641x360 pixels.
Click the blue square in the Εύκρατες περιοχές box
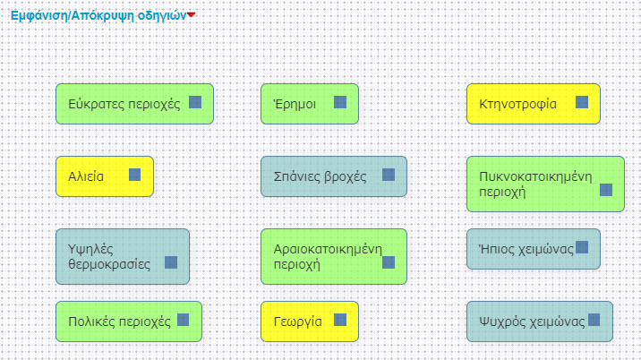[195, 103]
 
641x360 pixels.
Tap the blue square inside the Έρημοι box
[340, 103]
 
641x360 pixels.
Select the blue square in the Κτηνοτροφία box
[582, 103]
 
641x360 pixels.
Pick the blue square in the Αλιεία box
[135, 175]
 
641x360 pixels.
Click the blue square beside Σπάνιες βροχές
[389, 175]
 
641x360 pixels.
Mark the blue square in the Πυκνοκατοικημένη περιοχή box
[606, 190]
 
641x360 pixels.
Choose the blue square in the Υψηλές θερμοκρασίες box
[171, 262]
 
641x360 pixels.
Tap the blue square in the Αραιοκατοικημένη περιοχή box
[389, 262]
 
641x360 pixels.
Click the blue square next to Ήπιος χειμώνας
[582, 247]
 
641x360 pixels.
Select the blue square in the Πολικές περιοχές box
[184, 320]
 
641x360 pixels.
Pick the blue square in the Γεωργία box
[340, 320]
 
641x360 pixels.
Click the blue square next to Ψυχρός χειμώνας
[594, 320]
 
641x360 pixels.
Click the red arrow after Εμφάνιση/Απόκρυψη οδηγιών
[190, 15]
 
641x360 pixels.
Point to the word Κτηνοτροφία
[518, 104]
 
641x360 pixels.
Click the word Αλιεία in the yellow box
[86, 176]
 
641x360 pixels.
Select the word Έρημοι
[295, 104]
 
